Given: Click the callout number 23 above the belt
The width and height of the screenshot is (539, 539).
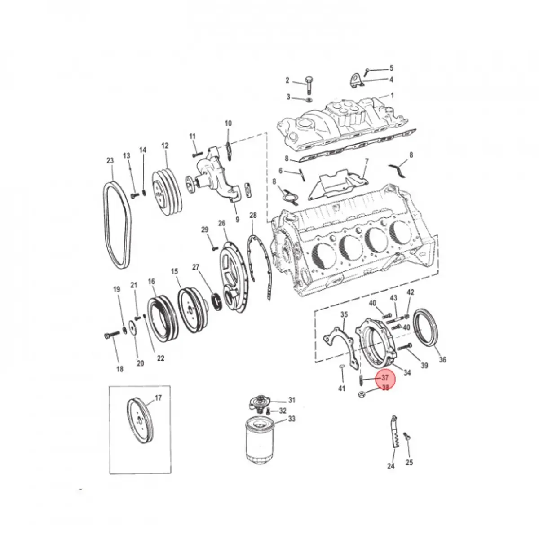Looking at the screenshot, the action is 110,160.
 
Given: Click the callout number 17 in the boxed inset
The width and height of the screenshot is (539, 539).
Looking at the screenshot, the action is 158,398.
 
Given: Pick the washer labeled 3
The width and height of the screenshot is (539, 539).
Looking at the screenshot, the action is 309,100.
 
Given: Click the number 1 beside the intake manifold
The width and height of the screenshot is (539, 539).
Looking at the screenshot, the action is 392,95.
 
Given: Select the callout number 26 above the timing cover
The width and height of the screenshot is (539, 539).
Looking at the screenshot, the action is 222,223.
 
